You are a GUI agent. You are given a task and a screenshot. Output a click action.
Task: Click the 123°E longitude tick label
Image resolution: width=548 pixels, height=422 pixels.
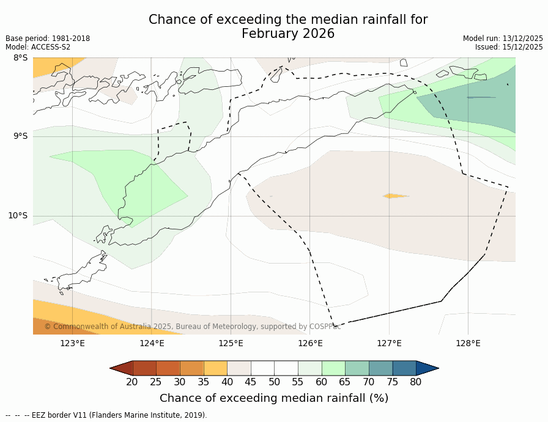(x=72, y=343)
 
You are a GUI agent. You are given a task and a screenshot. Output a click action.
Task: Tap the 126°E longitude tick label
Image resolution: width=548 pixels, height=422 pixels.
(x=310, y=343)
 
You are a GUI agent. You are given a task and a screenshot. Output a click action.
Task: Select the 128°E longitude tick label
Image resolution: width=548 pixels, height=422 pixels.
(x=468, y=343)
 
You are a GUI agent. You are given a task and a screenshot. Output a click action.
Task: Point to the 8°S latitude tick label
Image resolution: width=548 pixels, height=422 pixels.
(x=20, y=58)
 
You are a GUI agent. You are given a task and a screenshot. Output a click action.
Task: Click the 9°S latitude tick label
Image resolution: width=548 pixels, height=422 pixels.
(x=20, y=136)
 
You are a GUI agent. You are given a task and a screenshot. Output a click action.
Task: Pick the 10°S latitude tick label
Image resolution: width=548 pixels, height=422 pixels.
(x=18, y=215)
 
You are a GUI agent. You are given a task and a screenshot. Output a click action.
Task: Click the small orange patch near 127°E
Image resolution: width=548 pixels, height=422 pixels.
(x=395, y=196)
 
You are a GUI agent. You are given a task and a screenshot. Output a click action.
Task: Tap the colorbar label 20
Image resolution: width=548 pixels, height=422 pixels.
(x=132, y=382)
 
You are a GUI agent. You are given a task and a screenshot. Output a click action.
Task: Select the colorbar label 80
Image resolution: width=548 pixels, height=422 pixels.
(x=416, y=382)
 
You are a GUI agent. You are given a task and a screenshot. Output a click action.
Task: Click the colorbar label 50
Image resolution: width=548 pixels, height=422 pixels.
(x=274, y=382)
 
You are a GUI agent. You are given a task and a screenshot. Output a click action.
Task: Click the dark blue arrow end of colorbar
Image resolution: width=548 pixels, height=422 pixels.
(x=427, y=368)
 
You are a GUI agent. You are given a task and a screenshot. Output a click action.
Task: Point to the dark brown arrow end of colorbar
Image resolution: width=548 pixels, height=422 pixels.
(x=121, y=368)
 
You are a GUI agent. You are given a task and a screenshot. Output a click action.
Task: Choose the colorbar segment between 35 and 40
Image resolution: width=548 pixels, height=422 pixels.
(x=215, y=368)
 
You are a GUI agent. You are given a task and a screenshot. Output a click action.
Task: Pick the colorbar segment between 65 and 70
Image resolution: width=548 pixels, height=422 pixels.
(x=357, y=368)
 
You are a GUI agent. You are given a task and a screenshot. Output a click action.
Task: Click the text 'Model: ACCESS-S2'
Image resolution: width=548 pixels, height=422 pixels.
(x=38, y=47)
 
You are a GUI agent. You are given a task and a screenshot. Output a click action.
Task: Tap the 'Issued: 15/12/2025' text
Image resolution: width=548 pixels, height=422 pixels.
(x=509, y=47)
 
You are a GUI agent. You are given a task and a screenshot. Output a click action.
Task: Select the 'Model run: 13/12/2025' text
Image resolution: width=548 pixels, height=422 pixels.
(x=503, y=39)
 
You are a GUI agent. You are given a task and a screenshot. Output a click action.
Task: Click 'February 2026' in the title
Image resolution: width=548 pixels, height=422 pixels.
(x=288, y=34)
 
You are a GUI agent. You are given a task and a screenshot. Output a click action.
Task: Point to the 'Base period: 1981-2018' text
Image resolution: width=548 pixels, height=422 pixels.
(x=48, y=39)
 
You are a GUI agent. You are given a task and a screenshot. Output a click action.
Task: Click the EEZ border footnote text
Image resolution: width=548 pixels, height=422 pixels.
(x=106, y=415)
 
